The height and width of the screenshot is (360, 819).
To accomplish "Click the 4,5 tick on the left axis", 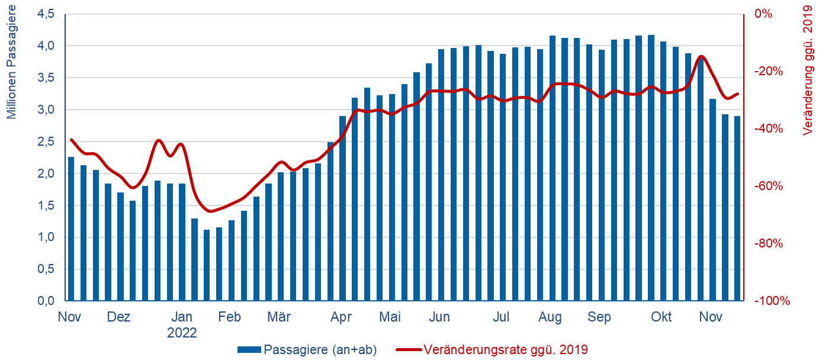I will tap(46, 14).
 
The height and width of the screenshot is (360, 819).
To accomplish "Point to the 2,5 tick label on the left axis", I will tap(46, 142).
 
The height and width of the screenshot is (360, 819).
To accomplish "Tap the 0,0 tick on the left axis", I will tap(46, 301).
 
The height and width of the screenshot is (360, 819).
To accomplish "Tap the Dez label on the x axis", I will tap(118, 317).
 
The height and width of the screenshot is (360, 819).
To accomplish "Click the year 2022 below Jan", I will tap(182, 333).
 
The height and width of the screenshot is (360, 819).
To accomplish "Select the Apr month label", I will tap(342, 317).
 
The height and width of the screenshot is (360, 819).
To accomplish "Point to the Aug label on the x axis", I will tap(550, 317).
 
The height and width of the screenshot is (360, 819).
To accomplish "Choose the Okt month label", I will tap(661, 317).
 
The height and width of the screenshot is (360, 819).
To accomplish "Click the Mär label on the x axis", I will tap(278, 317).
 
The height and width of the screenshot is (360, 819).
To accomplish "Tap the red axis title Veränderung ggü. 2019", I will tap(807, 70).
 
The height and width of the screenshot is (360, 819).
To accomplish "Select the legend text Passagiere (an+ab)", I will tap(320, 349).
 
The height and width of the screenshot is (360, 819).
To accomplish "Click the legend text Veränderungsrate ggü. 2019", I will tap(506, 349).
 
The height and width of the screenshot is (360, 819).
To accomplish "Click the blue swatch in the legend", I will tap(249, 349).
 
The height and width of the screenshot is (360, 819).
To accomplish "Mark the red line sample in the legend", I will tap(408, 349).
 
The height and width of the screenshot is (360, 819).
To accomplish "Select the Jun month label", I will tap(439, 317).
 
